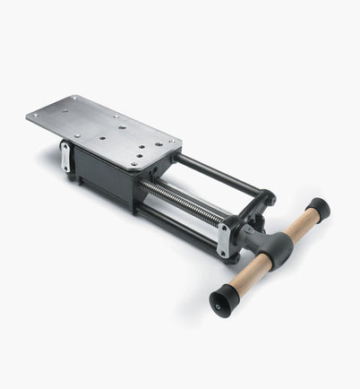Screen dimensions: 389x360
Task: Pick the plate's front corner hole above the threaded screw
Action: click(133, 163)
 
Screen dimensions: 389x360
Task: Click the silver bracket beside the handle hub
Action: click(224, 239)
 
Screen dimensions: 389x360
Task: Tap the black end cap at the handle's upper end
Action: click(318, 210)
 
